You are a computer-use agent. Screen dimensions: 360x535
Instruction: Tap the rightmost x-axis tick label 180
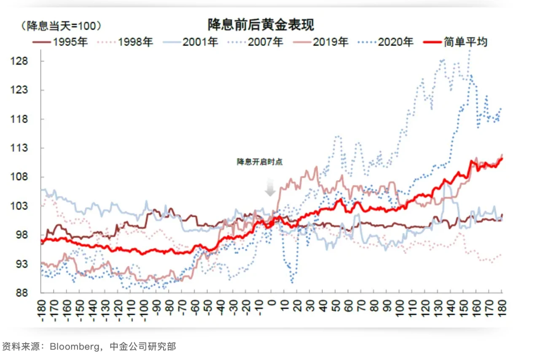point(502,308)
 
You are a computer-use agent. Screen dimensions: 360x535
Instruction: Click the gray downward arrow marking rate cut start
point(270,188)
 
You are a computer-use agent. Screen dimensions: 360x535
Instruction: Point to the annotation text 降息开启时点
point(259,162)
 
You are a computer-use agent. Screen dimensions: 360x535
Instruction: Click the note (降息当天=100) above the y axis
point(62,26)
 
